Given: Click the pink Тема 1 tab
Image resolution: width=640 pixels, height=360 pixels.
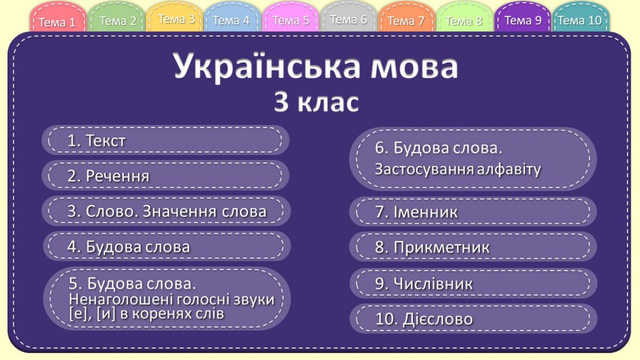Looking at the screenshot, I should [x=57, y=22].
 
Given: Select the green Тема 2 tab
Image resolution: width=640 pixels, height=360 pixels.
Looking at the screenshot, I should [x=117, y=21].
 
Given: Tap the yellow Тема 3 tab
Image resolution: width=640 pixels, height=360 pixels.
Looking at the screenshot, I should [x=176, y=19].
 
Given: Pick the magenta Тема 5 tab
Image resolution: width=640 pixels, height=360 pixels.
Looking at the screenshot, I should [x=291, y=20].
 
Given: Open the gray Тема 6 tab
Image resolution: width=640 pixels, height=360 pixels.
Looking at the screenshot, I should [x=348, y=19].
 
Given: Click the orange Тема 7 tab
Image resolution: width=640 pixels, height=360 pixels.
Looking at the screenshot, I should [x=406, y=21].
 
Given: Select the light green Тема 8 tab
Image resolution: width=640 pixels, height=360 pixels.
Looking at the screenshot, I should [x=464, y=21].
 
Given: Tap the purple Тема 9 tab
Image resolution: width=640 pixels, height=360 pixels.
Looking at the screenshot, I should [x=522, y=20].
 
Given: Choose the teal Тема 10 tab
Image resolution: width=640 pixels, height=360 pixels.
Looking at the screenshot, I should [x=579, y=20].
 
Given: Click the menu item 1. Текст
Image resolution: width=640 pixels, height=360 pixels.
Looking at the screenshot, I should [x=166, y=141].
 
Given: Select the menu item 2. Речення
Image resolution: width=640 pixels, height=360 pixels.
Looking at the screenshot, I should [x=166, y=176].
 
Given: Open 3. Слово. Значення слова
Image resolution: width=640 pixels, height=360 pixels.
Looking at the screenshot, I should [x=166, y=211].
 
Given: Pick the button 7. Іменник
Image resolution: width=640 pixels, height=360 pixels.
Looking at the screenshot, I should [x=472, y=212].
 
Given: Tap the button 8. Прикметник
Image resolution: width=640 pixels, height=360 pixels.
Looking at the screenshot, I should [x=472, y=247].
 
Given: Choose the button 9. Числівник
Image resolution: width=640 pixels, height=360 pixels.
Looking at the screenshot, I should [x=472, y=283].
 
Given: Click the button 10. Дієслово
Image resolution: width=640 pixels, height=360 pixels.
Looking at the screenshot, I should [x=472, y=319].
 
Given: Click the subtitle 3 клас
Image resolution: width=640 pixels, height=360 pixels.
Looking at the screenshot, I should [x=316, y=102].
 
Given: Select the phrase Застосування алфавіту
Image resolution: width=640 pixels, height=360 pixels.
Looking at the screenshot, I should [x=457, y=169].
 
